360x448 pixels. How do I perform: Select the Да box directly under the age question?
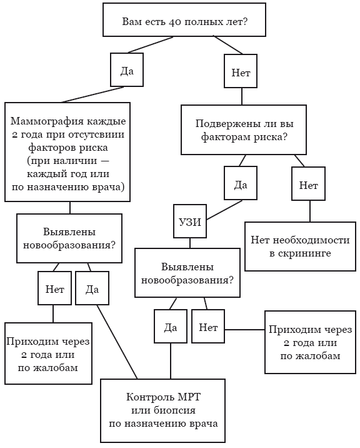[x=127, y=71]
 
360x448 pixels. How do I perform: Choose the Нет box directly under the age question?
[x=241, y=73]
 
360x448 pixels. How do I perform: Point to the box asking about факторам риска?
[x=244, y=130]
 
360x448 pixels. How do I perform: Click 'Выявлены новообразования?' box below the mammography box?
[x=69, y=238]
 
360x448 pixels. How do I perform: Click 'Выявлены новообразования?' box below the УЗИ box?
[x=187, y=273]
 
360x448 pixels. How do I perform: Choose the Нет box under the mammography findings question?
[x=54, y=288]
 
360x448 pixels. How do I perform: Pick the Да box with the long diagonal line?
[x=92, y=288]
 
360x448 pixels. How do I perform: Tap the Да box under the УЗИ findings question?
[x=170, y=327]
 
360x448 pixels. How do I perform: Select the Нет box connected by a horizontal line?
[x=208, y=327]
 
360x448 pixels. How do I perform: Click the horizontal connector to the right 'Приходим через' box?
[x=244, y=329]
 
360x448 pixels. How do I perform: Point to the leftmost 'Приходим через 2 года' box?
[x=49, y=354]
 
